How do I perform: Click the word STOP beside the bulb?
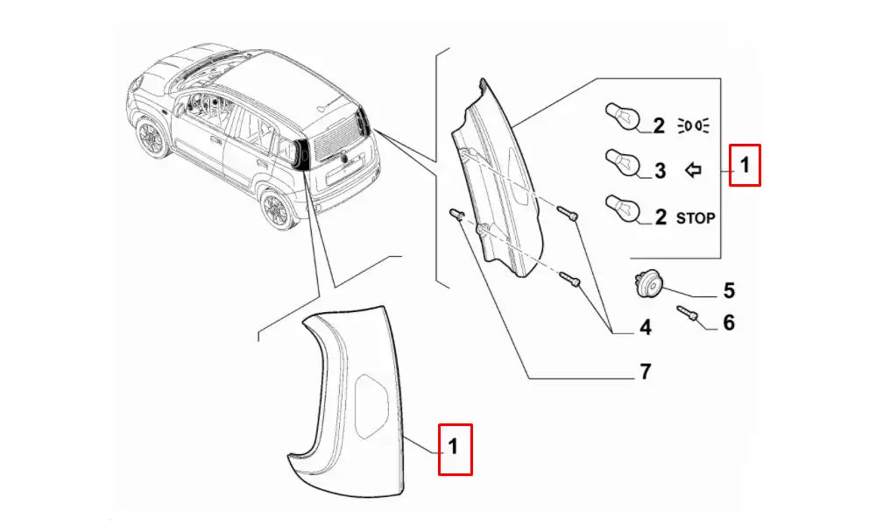click(x=696, y=218)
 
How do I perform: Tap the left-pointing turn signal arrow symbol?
click(x=693, y=169)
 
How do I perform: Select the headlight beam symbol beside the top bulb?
click(x=693, y=125)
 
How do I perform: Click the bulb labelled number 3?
click(x=622, y=162)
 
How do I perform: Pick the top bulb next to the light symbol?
click(x=622, y=117)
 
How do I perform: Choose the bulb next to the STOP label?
click(x=622, y=209)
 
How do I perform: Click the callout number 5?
click(x=729, y=291)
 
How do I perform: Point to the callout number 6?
click(x=729, y=323)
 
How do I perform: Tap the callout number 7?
click(x=646, y=371)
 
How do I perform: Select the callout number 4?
click(x=646, y=328)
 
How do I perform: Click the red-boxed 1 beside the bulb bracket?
click(x=745, y=166)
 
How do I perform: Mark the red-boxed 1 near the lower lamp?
click(x=455, y=450)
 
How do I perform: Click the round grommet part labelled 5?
click(x=647, y=283)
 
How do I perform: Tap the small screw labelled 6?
click(x=687, y=313)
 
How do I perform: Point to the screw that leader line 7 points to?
click(x=456, y=214)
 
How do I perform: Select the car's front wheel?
click(x=151, y=138)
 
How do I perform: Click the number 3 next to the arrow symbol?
click(x=660, y=170)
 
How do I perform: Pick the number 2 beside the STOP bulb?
click(x=661, y=217)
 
